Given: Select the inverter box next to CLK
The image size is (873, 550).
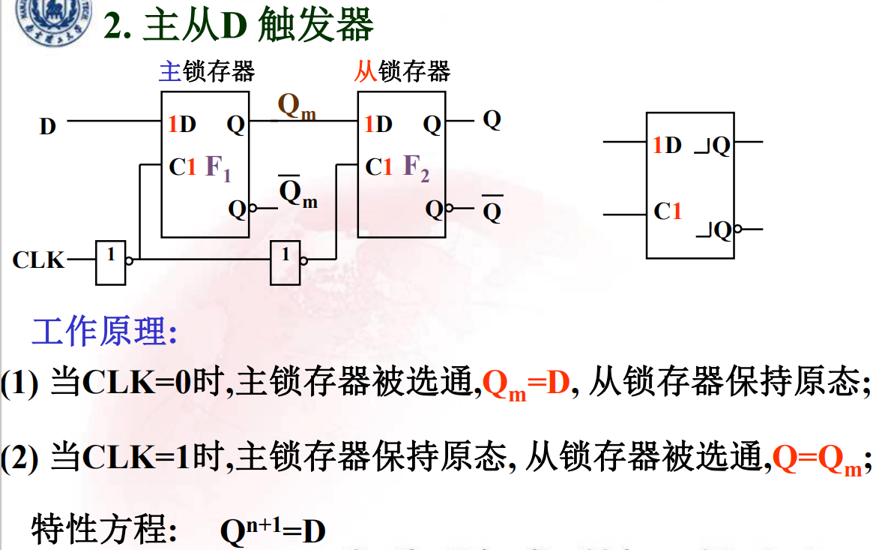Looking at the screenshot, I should (x=111, y=262).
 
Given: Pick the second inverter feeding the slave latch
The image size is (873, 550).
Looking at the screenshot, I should (x=286, y=262).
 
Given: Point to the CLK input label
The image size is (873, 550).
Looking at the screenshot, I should (x=38, y=260).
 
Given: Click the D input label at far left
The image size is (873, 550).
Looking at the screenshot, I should (x=48, y=127).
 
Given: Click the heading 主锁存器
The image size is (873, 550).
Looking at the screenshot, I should (x=207, y=71).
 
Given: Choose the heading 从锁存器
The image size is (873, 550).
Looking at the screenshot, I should (x=402, y=71).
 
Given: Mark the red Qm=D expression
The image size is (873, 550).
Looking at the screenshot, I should (x=527, y=384).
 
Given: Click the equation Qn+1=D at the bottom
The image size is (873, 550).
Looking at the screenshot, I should (x=273, y=531).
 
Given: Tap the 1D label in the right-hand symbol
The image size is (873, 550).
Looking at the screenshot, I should (x=667, y=145).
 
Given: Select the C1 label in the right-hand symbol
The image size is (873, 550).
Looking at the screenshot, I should (x=668, y=212).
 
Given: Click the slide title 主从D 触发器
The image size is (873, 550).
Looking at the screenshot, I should (x=238, y=26).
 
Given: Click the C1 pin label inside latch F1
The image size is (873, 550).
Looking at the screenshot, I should (x=183, y=167).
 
